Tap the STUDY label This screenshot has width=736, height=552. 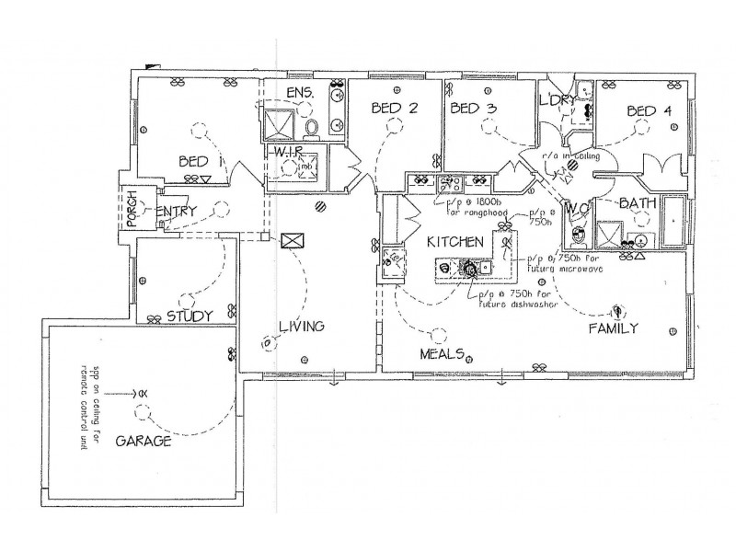[190, 316]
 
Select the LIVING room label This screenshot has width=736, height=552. [304, 326]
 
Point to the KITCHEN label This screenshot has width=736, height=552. [454, 242]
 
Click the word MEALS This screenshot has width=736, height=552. [442, 354]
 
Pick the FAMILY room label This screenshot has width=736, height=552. [614, 328]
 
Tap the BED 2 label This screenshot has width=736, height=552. [395, 109]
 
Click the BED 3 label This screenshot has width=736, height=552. [474, 109]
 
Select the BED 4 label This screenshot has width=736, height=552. [650, 111]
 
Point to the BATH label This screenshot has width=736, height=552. [636, 202]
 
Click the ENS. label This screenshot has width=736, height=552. [300, 93]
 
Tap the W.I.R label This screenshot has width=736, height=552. [285, 151]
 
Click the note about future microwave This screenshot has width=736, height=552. [563, 265]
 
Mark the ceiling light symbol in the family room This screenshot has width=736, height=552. [618, 309]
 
